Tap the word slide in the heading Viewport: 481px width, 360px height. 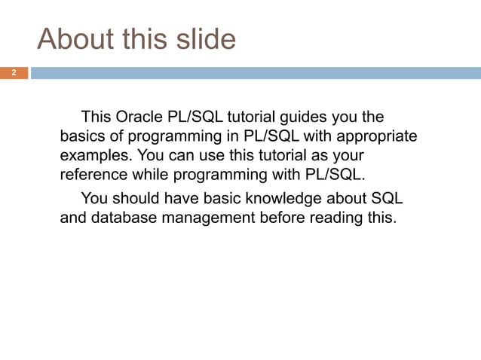click(x=204, y=38)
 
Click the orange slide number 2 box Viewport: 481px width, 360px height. click(x=14, y=73)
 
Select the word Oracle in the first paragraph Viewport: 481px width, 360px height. click(x=140, y=117)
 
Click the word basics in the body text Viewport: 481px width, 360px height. click(x=84, y=136)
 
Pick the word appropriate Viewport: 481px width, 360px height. click(x=373, y=136)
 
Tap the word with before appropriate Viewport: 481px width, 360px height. click(x=315, y=136)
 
